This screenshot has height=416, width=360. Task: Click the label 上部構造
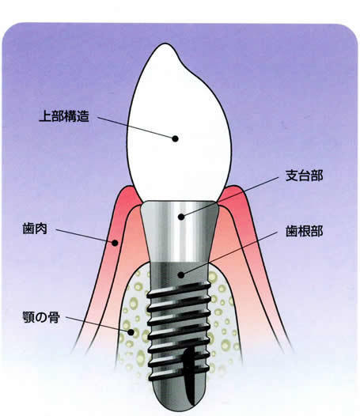pos(64,116)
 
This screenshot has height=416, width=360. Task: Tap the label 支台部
pos(305,176)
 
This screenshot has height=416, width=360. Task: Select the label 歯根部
pos(305,231)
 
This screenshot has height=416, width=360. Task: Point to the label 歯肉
pos(35,229)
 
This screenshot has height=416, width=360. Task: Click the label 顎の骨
pos(41,317)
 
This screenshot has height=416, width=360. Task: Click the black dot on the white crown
pos(175,138)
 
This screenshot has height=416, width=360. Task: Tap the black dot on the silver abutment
pos(181,217)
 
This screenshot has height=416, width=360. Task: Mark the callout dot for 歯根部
pos(181,275)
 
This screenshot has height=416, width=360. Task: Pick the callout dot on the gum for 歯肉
pos(115,243)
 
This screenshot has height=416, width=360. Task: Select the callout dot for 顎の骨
pos(131,332)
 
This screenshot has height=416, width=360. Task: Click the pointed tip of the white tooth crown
pos(162,43)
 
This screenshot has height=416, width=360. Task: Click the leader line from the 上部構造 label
pos(136,127)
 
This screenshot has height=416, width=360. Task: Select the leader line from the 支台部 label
pos(229,197)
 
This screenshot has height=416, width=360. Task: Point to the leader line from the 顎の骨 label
pos(98,324)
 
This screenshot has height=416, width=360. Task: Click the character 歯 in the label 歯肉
pos(28,229)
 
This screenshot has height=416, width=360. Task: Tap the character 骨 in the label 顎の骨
pos(54,317)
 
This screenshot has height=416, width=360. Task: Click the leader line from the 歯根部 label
pos(229,253)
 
